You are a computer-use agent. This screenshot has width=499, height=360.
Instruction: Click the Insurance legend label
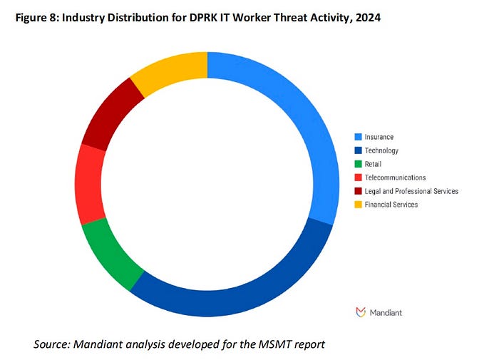[379, 137]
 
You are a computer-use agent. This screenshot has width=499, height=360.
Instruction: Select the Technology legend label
[381, 150]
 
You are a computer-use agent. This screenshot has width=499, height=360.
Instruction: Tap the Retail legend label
[374, 164]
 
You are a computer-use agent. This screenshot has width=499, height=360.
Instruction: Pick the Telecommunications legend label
[395, 178]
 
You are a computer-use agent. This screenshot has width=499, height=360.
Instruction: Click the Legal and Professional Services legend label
[411, 191]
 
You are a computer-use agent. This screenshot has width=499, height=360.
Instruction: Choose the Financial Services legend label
[391, 205]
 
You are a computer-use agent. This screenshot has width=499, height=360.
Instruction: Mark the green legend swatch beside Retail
[359, 164]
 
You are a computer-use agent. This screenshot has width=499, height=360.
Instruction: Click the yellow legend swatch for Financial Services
[359, 205]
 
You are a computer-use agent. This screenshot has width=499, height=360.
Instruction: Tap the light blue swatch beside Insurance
[359, 137]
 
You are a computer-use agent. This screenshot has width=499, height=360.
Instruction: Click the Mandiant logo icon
[360, 312]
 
